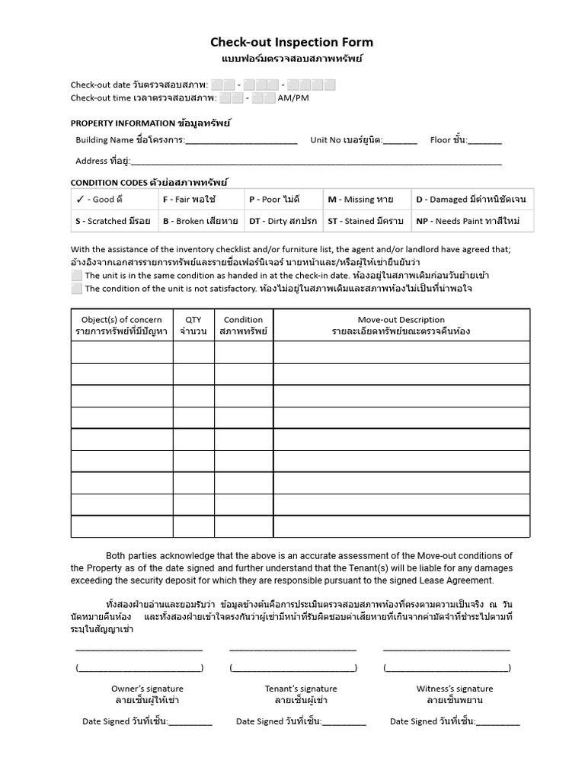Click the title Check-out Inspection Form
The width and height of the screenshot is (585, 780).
292,43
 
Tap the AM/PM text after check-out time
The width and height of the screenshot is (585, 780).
293,98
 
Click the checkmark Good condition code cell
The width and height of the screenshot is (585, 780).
114,200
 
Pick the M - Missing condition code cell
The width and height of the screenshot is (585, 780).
367,200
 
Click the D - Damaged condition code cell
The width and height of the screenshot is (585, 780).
472,200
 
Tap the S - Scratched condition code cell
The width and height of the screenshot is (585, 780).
114,221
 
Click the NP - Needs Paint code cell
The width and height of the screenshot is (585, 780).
472,221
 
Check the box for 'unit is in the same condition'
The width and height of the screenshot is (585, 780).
76,276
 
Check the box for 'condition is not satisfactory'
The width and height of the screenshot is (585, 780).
76,289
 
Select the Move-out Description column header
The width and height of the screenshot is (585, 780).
401,325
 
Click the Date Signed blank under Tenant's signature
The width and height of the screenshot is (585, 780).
344,722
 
